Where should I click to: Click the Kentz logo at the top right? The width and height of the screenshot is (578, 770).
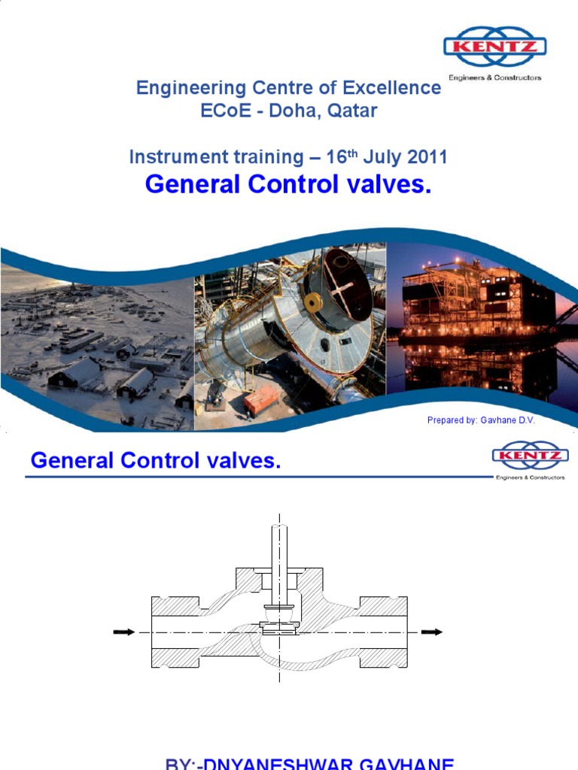[x=494, y=49]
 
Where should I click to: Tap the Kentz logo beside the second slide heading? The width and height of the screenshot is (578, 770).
[x=530, y=456]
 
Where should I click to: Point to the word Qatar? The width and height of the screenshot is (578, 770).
[x=351, y=111]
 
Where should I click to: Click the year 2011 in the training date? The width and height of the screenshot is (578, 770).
[x=427, y=157]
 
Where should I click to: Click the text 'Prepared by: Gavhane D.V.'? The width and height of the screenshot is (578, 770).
[x=481, y=420]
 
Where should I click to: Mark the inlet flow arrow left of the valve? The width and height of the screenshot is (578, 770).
[x=123, y=632]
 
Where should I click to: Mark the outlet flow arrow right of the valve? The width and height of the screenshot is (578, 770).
[x=431, y=632]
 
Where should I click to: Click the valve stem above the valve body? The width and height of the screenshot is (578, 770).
[x=279, y=556]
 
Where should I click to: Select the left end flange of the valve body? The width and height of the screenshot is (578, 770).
[x=175, y=632]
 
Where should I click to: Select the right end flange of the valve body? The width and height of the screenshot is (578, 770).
[x=383, y=632]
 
